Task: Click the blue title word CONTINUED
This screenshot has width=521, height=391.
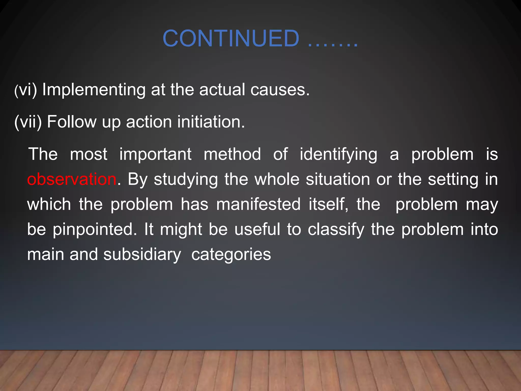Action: coord(231,38)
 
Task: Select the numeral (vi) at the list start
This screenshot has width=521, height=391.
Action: coord(26,90)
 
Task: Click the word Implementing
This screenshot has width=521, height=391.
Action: coord(94,90)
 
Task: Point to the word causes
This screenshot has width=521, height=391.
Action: coord(280,90)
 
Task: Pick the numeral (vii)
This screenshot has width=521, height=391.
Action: coord(28,122)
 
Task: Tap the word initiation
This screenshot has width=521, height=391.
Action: coord(211,122)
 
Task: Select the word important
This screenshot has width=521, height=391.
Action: coord(155,154)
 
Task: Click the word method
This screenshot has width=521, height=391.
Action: coord(232,154)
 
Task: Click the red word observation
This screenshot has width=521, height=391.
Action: coord(72,179)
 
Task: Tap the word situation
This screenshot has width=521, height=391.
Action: coord(338,179)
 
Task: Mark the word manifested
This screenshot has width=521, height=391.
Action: coord(258,204)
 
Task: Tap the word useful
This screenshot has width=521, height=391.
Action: coord(257,229)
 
